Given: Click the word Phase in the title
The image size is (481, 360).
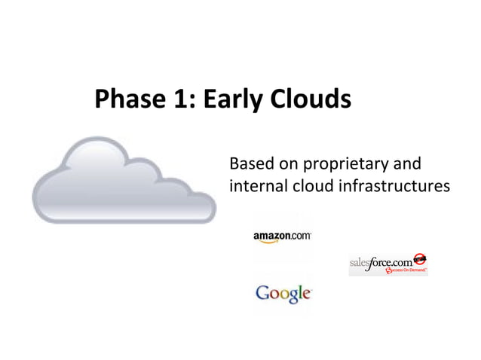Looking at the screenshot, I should (124, 99).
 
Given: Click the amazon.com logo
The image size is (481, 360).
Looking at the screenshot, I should (281, 236).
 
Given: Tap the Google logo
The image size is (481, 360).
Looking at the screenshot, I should (283, 293).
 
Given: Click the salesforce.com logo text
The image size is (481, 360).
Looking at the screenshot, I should (381, 264).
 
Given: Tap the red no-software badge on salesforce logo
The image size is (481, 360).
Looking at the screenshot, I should (421, 258).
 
